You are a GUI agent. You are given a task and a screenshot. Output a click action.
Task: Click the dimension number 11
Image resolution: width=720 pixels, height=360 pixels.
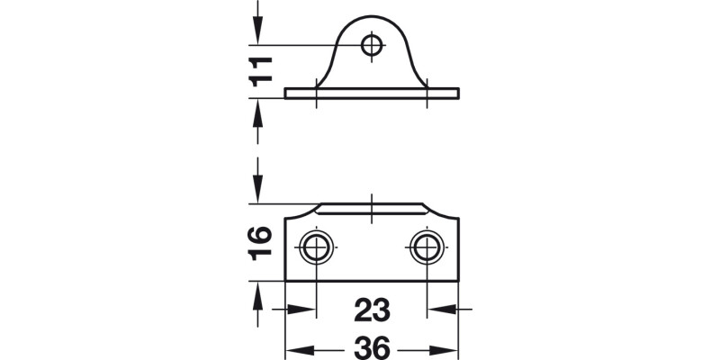(260, 69)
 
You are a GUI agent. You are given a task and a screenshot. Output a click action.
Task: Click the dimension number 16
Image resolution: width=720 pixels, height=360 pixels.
(260, 241)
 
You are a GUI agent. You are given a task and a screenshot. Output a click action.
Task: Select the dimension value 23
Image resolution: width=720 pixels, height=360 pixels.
(371, 310)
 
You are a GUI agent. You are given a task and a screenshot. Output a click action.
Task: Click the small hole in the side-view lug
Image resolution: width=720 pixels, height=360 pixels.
(371, 44)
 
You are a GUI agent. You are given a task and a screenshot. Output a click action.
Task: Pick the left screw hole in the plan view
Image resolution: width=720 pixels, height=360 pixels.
(316, 246)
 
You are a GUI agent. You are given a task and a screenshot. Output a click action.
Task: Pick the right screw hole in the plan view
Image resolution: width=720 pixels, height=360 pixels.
(426, 246)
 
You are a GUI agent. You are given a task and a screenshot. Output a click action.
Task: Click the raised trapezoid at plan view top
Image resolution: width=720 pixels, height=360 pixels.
(371, 210)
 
